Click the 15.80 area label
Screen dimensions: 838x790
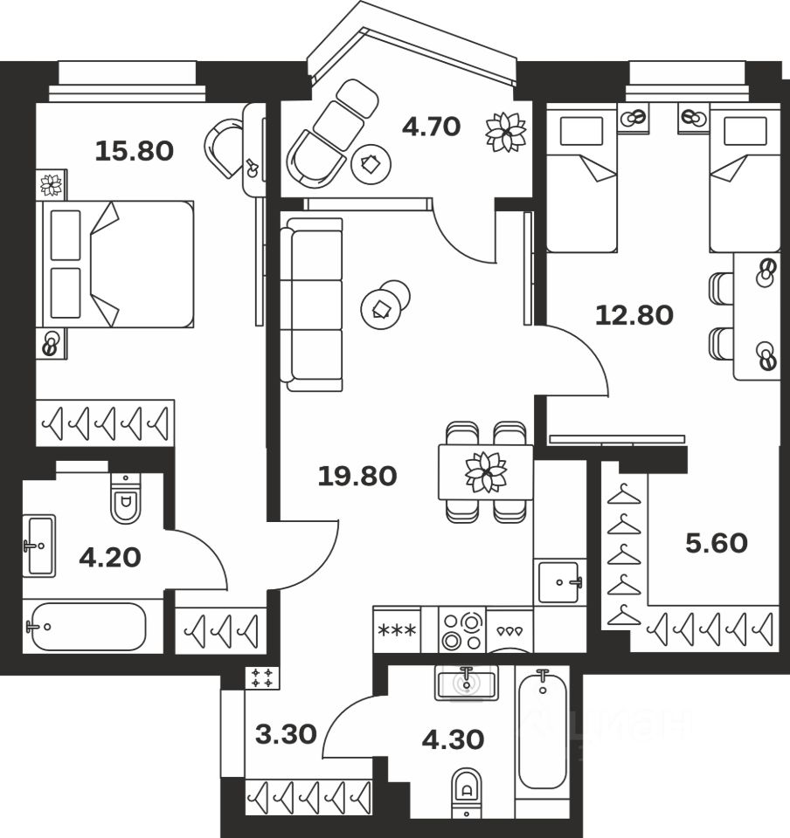click(134, 151)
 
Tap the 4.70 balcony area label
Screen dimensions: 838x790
click(430, 127)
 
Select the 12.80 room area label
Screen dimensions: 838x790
click(634, 314)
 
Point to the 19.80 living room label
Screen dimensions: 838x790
click(357, 476)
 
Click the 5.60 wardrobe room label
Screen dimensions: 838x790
click(716, 543)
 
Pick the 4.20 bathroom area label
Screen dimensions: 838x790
click(110, 557)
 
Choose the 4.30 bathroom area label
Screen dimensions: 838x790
click(453, 739)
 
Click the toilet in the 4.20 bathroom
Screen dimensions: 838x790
click(125, 499)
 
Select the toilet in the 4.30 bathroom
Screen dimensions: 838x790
click(468, 789)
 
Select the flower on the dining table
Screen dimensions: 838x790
click(486, 472)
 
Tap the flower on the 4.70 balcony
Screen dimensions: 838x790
click(507, 133)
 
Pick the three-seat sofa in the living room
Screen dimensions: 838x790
click(311, 305)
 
